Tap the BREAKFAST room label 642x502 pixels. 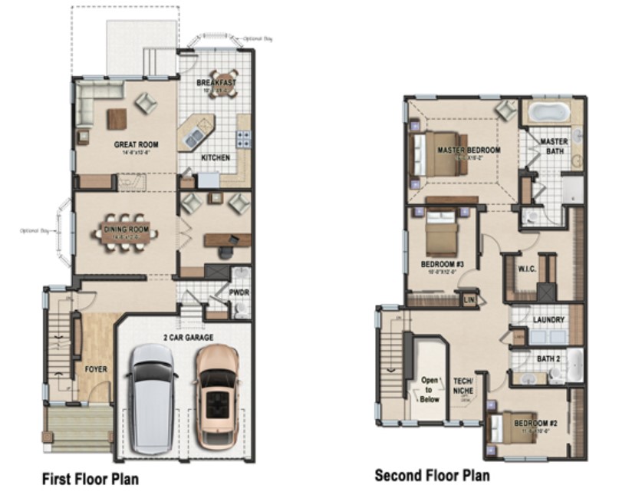pos(216,83)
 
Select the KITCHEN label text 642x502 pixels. pos(216,158)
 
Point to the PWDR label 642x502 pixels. pos(241,292)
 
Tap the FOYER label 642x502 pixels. pos(97,369)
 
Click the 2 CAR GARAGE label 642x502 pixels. pos(187,337)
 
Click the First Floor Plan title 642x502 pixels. pos(89,479)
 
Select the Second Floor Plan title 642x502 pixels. pos(432,476)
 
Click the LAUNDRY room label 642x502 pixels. pos(548,319)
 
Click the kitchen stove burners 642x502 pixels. pos(243,138)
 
